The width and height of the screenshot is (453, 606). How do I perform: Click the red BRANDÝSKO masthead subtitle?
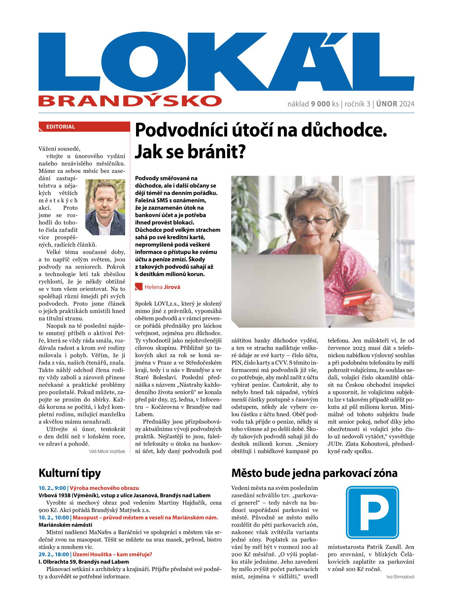(130, 100)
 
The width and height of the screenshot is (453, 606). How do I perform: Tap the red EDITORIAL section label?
(60, 127)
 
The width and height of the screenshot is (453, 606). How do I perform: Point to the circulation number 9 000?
(320, 104)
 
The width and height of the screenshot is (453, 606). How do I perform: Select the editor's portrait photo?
(105, 207)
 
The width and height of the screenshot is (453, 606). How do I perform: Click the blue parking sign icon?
(372, 512)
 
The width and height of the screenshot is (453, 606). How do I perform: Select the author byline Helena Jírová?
(162, 287)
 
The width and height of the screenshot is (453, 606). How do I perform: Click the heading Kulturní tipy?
(70, 473)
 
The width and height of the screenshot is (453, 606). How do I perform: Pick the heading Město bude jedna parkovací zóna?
(314, 473)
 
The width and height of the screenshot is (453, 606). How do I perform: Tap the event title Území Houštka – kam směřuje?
(112, 554)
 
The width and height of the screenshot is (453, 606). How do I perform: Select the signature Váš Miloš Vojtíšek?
(107, 452)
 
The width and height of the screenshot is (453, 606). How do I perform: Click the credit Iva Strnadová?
(400, 577)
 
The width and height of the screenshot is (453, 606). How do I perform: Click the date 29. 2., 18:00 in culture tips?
(52, 554)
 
